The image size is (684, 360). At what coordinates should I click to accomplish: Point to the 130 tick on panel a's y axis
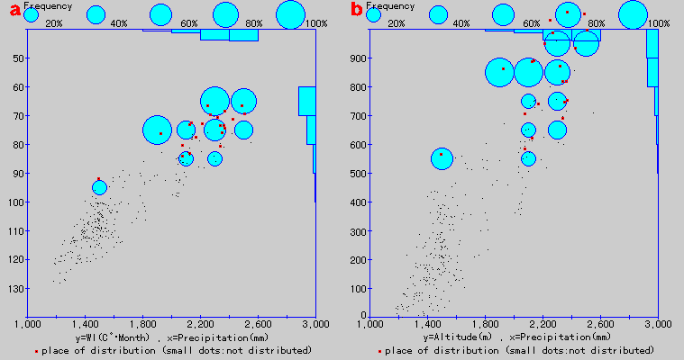(x=15, y=288)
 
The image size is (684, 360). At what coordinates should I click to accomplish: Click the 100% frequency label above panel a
(x=315, y=23)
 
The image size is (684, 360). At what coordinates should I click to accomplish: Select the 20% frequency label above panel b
(x=397, y=23)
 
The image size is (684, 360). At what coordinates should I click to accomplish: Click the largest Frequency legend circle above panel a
(x=290, y=14)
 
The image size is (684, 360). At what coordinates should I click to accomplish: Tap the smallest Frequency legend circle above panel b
(x=373, y=14)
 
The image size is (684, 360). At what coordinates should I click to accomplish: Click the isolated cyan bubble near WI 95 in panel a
(x=99, y=187)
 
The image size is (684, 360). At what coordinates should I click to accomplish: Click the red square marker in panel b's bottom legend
(x=379, y=350)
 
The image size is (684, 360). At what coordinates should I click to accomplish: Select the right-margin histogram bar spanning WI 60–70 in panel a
(x=307, y=101)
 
